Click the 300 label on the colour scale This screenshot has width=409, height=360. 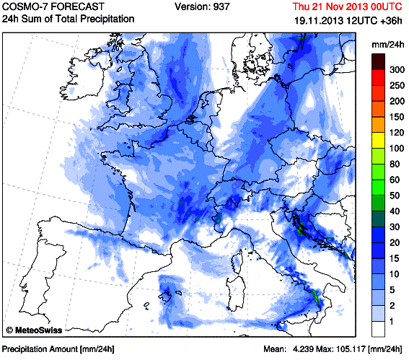pyautogui.click(x=397, y=70)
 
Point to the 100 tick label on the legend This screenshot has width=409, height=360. pyautogui.click(x=397, y=148)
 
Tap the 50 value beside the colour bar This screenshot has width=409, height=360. pyautogui.click(x=395, y=196)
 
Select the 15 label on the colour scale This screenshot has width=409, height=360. pyautogui.click(x=394, y=258)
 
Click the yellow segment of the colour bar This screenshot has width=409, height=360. pyautogui.click(x=378, y=141)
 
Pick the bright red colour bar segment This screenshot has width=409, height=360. pyautogui.click(x=378, y=77)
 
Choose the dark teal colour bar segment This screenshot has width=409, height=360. pyautogui.click(x=378, y=219)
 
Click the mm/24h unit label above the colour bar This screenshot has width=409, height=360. pyautogui.click(x=388, y=45)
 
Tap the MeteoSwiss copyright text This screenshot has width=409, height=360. pyautogui.click(x=34, y=330)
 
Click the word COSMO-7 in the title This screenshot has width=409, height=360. pyautogui.click(x=25, y=6)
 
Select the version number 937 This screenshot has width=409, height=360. pyautogui.click(x=221, y=6)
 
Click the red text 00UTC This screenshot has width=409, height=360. pyautogui.click(x=387, y=6)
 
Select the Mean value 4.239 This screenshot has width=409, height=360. pyautogui.click(x=303, y=348)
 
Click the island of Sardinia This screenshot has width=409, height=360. pyautogui.click(x=236, y=294)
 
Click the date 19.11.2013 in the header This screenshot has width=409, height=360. pyautogui.click(x=319, y=20)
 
